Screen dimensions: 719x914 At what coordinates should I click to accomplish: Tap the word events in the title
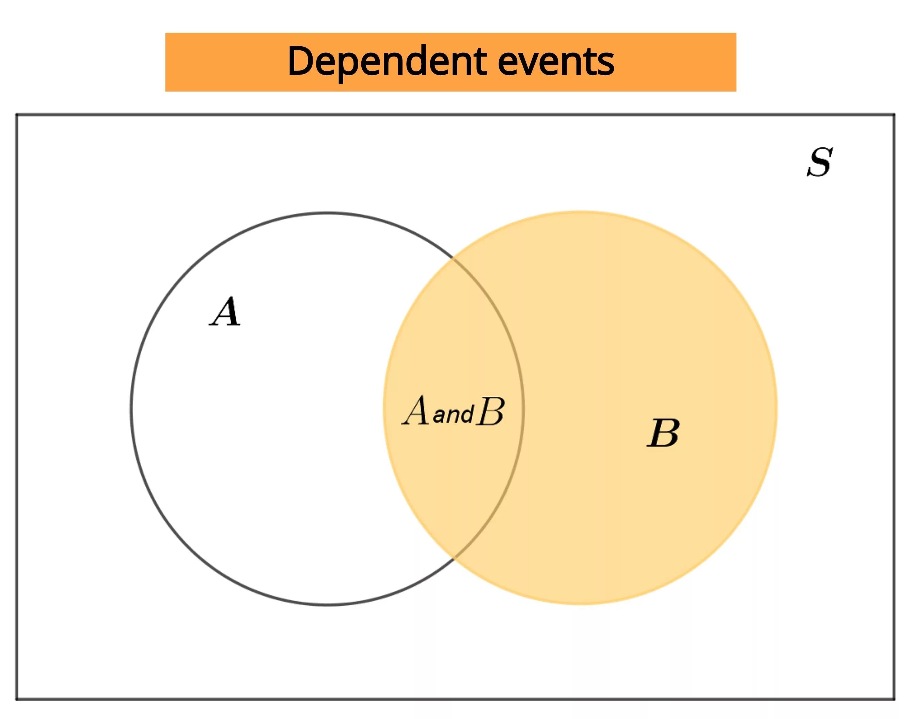(x=556, y=62)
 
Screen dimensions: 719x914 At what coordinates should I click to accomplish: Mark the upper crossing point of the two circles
(x=454, y=258)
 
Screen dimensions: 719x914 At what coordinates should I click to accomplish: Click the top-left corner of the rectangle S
(x=17, y=114)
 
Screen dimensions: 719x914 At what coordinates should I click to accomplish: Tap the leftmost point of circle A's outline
(x=131, y=408)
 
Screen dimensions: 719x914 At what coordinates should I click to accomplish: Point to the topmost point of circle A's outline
(x=328, y=213)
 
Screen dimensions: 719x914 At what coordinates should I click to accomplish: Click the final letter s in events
(x=606, y=66)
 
